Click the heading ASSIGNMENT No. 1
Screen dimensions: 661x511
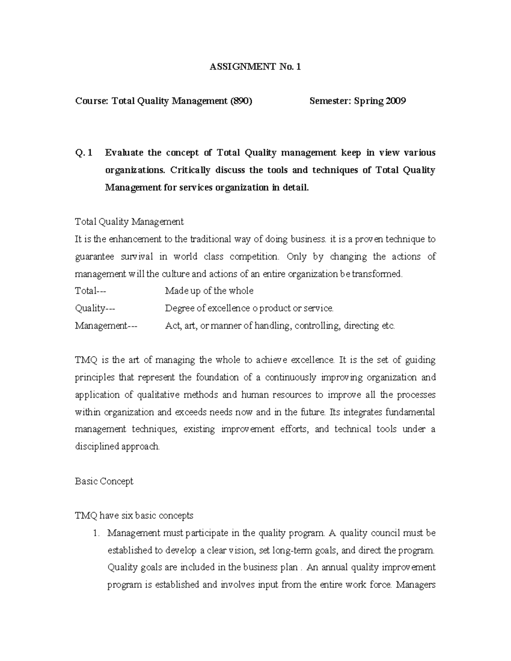tap(255, 67)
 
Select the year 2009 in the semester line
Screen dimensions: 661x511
tap(395, 101)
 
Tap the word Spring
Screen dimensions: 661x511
tap(368, 101)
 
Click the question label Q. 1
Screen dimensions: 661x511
tap(83, 153)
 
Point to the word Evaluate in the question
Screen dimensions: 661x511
tap(124, 153)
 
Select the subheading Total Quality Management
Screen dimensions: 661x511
tap(129, 222)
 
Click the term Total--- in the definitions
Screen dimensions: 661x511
tap(90, 291)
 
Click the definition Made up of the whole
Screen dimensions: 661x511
tap(209, 291)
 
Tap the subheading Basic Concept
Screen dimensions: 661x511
tap(104, 481)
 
